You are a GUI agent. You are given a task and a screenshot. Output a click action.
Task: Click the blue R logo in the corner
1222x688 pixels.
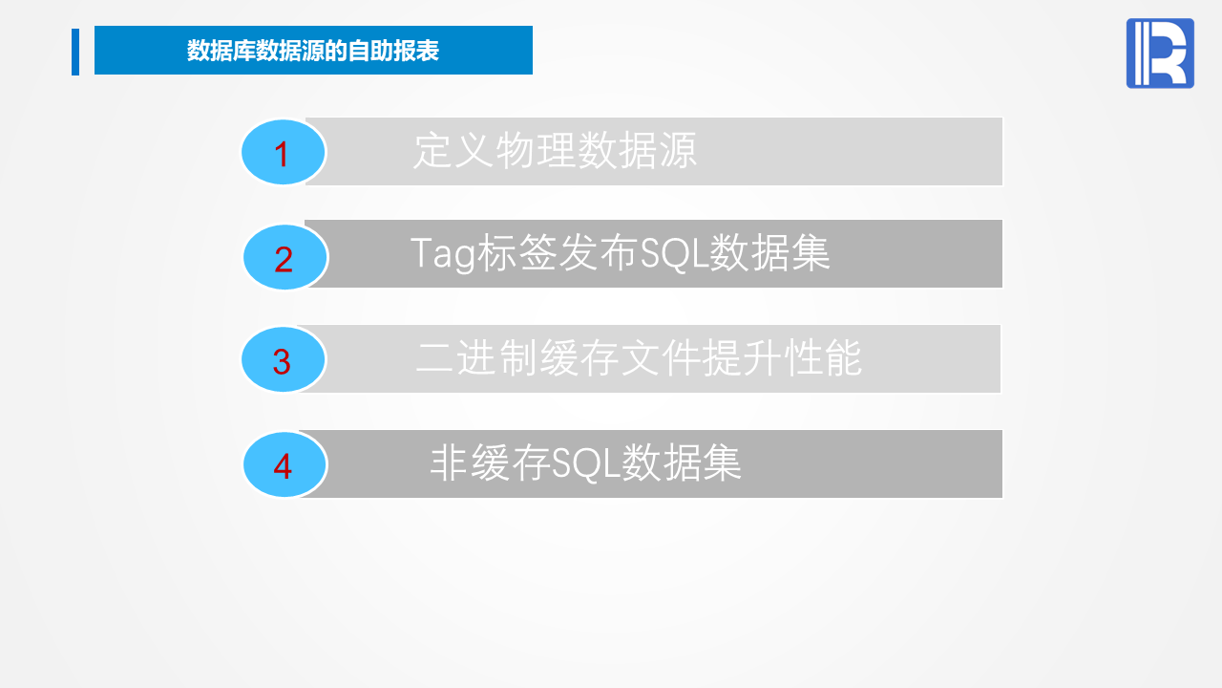coord(1160,53)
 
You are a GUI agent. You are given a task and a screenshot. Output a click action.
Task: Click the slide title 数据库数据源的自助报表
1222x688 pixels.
coord(313,51)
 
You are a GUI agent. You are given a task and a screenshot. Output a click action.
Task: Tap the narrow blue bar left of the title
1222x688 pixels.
coord(75,52)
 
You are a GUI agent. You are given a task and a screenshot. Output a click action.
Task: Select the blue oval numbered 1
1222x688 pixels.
coord(284,152)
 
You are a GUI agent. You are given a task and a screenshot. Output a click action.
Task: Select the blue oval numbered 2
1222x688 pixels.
coord(284,257)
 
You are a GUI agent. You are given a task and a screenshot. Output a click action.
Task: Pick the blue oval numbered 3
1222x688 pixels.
coord(284,360)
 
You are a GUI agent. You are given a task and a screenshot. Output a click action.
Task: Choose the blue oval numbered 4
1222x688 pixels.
coord(284,464)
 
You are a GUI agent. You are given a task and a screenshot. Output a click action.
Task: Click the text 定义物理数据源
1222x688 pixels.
coord(555,150)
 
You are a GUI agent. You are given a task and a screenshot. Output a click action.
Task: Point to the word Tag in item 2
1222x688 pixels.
coord(442,254)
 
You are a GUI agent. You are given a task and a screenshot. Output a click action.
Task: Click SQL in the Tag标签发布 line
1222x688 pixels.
coord(674,254)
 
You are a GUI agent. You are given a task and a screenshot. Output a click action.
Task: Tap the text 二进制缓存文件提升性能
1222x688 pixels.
coord(639,358)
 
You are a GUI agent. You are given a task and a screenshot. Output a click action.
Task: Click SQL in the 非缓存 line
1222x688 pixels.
coord(586,463)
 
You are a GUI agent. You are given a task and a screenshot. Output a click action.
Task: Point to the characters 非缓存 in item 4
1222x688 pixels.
coord(491,463)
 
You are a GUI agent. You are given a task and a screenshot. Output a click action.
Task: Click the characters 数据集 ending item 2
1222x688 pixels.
coord(769,253)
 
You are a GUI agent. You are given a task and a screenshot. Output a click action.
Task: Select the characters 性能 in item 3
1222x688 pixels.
coord(823,358)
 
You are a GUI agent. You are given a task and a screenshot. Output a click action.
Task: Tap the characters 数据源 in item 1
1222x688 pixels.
coord(637,150)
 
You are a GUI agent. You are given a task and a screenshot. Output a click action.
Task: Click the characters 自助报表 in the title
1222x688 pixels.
coord(394,51)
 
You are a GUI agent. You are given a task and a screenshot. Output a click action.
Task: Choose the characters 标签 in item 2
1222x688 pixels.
coord(517,253)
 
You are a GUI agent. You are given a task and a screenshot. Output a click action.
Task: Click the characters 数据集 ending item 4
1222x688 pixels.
coord(682,463)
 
